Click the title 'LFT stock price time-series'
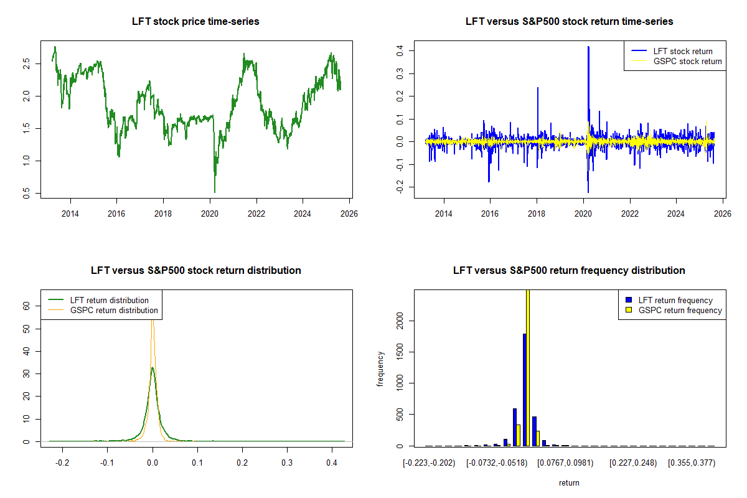[x=195, y=22]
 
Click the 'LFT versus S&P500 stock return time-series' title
[x=569, y=22]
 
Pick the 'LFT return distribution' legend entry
[x=110, y=300]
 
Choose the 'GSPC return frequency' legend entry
[x=680, y=310]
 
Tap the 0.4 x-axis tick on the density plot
[x=332, y=464]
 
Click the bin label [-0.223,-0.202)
[x=430, y=464]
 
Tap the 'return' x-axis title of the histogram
[x=569, y=482]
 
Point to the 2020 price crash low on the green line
[x=215, y=192]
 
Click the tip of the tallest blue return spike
[x=588, y=47]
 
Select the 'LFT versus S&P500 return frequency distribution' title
[x=569, y=271]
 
